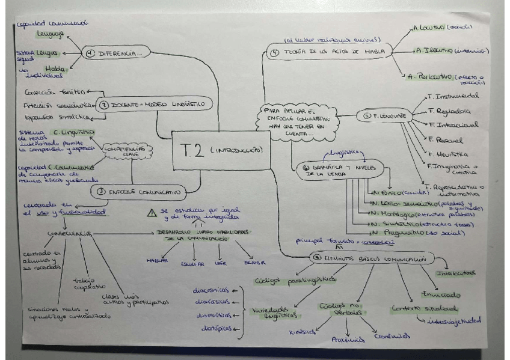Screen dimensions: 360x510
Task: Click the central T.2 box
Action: [220, 149]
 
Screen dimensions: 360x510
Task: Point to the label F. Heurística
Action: [443, 154]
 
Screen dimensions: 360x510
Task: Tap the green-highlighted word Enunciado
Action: [441, 294]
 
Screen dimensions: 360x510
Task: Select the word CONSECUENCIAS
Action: [70, 234]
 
